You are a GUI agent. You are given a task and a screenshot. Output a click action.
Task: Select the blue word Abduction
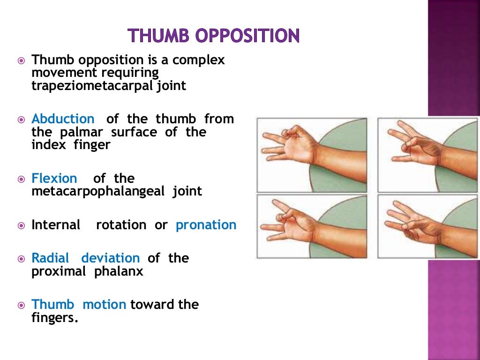pyautogui.click(x=63, y=119)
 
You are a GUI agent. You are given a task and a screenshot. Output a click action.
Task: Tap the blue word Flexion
pyautogui.click(x=54, y=179)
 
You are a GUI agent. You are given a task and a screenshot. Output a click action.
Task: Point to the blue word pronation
pyautogui.click(x=206, y=225)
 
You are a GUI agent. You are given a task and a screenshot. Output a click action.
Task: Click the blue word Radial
pyautogui.click(x=50, y=258)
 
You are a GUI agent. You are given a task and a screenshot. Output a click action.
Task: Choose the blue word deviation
pyautogui.click(x=110, y=258)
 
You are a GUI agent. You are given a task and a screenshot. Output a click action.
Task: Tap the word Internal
pyautogui.click(x=56, y=225)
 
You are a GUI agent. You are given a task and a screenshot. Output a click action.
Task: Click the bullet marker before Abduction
pyautogui.click(x=21, y=120)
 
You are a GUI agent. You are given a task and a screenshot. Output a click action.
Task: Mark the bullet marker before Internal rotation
pyautogui.click(x=21, y=225)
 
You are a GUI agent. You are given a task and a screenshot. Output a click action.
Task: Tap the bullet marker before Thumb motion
pyautogui.click(x=21, y=305)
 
